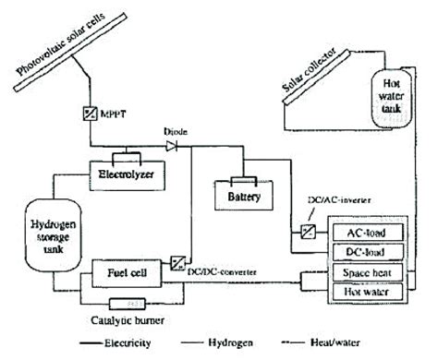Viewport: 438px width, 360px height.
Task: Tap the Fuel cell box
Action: (127, 273)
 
